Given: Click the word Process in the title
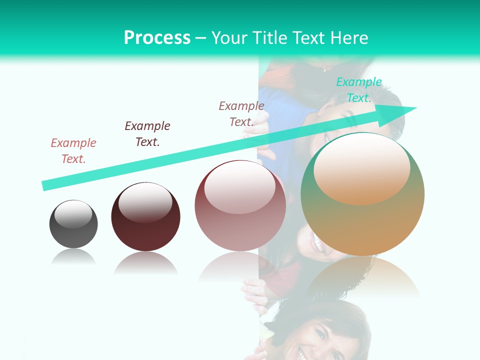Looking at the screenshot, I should (x=157, y=38).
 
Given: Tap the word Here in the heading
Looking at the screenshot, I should (x=349, y=38).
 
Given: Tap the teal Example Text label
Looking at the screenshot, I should (x=359, y=90).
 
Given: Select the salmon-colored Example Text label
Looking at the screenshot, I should (x=73, y=150).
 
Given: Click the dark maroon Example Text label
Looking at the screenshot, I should (x=147, y=133).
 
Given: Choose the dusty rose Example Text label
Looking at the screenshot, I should (x=241, y=113).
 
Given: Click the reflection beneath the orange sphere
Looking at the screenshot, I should (x=362, y=277).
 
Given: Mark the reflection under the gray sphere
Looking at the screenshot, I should (x=73, y=257).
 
